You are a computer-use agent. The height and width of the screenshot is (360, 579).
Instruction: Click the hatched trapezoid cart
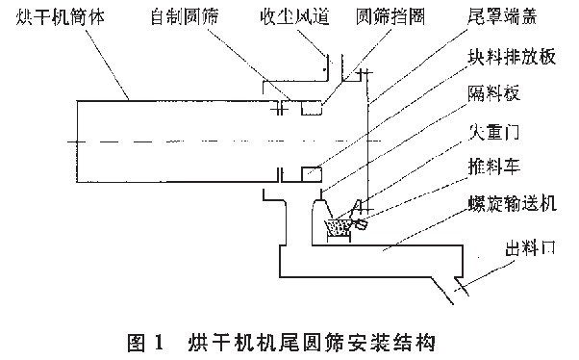(x=339, y=227)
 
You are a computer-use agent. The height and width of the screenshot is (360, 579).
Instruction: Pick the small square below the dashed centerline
(x=312, y=173)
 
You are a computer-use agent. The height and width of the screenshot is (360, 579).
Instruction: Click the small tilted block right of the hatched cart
(x=361, y=225)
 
